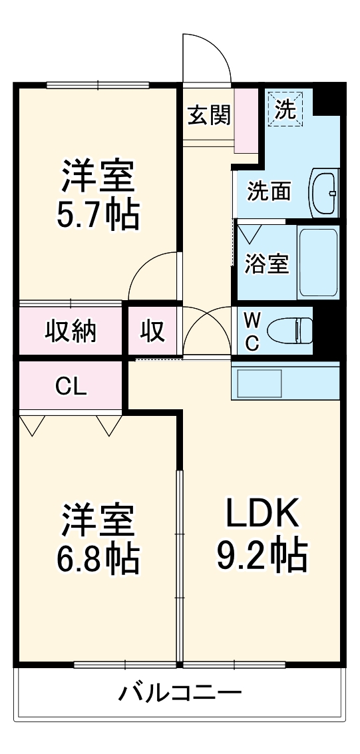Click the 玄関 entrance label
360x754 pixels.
208,115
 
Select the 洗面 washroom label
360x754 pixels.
269,191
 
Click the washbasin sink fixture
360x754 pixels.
324,192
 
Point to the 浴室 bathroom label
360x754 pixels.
266,264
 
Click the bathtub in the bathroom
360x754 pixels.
318,262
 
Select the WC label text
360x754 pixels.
252,331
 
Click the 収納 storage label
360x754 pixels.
71,331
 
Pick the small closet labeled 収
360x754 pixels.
152,331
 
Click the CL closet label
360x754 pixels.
71,387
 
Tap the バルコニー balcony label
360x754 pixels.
180,694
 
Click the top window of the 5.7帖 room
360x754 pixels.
98,85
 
